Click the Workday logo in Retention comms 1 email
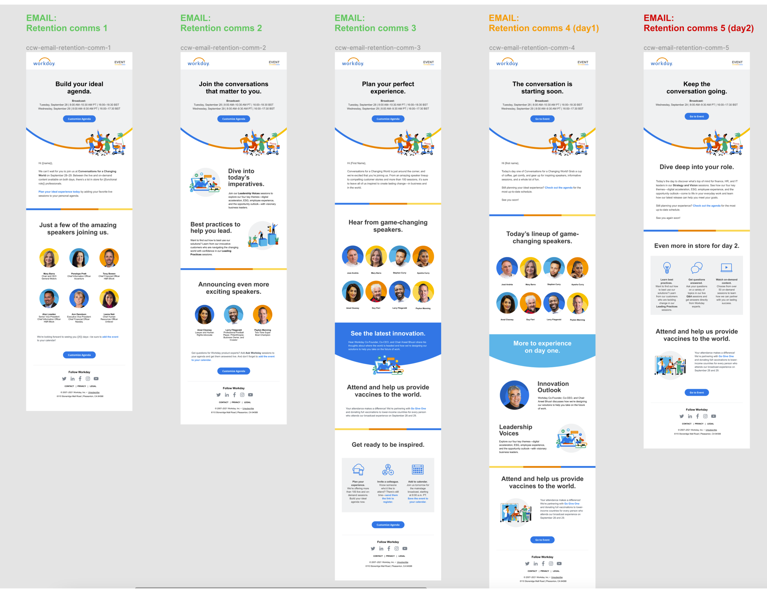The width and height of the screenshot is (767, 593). (x=44, y=62)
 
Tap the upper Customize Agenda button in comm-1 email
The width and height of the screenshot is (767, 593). (x=79, y=119)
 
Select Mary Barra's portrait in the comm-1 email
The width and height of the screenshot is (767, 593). (x=49, y=258)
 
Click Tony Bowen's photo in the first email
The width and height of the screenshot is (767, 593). (x=109, y=258)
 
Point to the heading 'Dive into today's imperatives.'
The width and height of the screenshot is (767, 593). (x=246, y=177)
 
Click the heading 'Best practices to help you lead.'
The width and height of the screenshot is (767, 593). (x=215, y=227)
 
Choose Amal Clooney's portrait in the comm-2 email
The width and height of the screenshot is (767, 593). (x=204, y=314)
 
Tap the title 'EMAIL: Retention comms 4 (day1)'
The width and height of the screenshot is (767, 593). (x=543, y=23)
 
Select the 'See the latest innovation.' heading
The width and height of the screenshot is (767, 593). (x=388, y=333)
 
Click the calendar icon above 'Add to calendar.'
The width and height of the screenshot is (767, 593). (x=418, y=469)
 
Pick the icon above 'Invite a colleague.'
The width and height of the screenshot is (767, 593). (x=388, y=469)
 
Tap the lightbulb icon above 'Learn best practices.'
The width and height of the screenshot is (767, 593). (x=667, y=268)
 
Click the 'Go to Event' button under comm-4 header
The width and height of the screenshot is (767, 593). (x=542, y=119)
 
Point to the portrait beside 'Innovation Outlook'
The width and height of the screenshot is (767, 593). (x=514, y=395)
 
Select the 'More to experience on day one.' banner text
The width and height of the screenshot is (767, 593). (x=542, y=347)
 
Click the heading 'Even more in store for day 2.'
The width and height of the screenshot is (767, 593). (x=696, y=246)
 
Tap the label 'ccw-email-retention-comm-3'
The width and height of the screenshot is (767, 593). (x=378, y=48)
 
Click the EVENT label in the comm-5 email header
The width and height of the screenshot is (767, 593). (x=737, y=62)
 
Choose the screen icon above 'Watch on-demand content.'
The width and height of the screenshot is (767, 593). (x=726, y=268)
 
